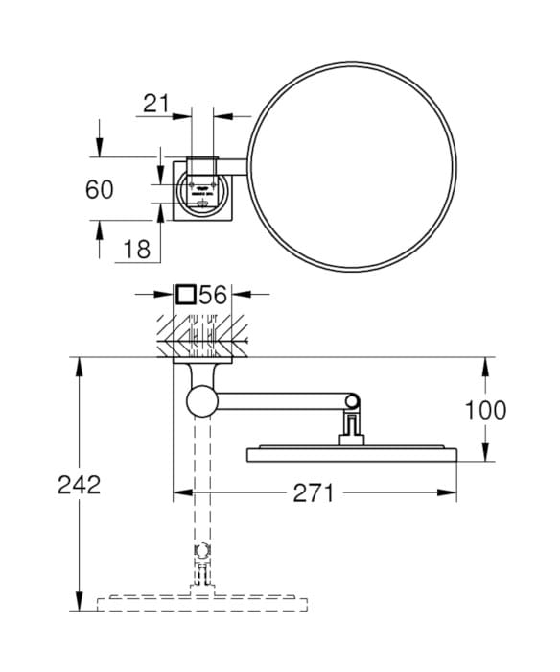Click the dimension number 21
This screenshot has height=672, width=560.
(159, 104)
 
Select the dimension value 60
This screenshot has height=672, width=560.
(99, 190)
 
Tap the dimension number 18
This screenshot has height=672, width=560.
(137, 250)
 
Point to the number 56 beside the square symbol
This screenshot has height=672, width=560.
(213, 296)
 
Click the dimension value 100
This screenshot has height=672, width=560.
(485, 410)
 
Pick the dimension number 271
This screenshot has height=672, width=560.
(312, 493)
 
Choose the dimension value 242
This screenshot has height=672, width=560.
(79, 485)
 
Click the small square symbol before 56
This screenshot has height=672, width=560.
(187, 296)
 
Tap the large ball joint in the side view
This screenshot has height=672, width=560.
(203, 400)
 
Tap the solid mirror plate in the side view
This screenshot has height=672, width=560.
(355, 452)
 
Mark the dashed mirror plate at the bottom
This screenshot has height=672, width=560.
(201, 605)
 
